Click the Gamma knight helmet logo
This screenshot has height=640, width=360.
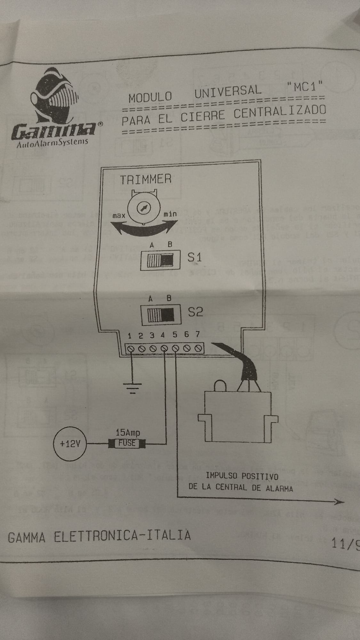coord(54,96)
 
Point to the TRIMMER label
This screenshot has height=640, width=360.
coord(146,179)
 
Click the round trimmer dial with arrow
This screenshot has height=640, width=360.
coord(142,208)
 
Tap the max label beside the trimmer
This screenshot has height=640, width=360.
coord(119,216)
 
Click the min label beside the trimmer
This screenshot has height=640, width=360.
coord(170,214)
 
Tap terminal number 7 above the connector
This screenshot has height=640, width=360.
coord(198,334)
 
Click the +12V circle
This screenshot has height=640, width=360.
coord(70,444)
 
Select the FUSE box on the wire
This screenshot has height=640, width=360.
coord(127,444)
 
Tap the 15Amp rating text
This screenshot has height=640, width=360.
coord(128,433)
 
